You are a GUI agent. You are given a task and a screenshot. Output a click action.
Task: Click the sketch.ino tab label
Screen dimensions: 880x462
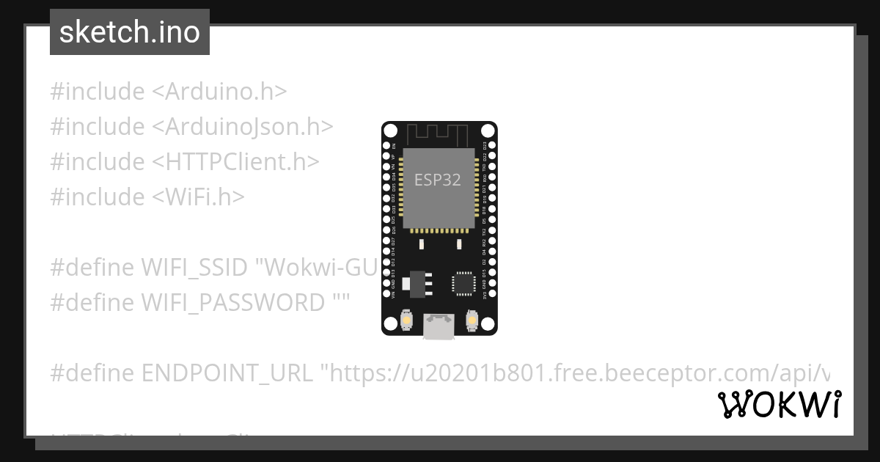click(x=129, y=32)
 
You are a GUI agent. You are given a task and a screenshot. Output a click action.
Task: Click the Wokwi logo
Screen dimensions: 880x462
click(x=779, y=405)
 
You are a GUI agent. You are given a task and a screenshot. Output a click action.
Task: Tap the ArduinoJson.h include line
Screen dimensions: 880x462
click(x=191, y=127)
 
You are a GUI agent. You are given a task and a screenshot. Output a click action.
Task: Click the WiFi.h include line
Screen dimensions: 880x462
click(x=147, y=197)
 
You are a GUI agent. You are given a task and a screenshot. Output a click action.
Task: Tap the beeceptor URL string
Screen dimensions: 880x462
click(x=579, y=373)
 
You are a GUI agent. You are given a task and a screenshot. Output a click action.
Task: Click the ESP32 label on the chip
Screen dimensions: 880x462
click(x=438, y=180)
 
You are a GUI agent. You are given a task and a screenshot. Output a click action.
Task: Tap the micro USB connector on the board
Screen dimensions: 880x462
click(x=439, y=327)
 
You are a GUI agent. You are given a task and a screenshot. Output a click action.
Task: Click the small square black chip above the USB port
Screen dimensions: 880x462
click(x=464, y=283)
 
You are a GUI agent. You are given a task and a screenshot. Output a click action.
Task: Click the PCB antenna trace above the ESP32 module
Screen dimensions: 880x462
click(x=439, y=134)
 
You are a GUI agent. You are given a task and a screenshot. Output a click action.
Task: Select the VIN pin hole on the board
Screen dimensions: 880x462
click(x=386, y=296)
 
